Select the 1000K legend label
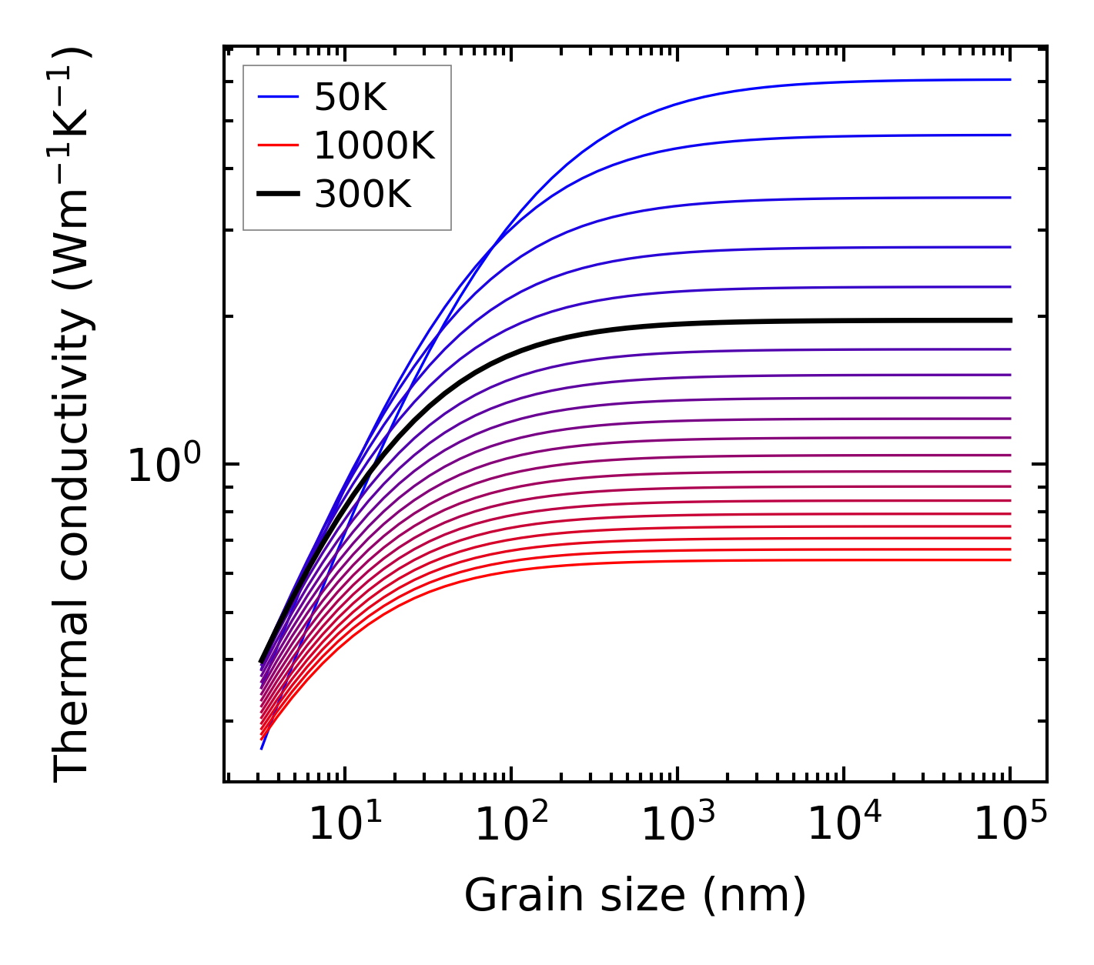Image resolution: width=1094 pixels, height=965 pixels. coord(374,145)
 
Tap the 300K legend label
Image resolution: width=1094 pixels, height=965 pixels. coord(363,195)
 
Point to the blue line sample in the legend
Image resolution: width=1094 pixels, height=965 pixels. coord(277,97)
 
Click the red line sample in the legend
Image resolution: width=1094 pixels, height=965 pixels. coord(277,145)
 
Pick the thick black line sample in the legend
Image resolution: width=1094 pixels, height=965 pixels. coord(277,195)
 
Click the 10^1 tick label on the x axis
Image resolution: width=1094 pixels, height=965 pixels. coord(345,825)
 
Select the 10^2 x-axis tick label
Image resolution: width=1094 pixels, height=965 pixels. coord(511,825)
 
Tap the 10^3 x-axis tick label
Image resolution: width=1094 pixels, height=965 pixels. coord(677,825)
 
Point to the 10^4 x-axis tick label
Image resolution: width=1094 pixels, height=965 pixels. coord(844,825)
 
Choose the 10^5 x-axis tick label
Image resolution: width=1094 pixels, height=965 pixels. coord(1010,825)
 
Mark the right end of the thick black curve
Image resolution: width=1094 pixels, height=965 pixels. coord(1009,320)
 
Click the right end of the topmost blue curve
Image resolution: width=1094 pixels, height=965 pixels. coord(1009,79)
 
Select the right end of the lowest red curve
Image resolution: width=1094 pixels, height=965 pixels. coord(1009,559)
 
